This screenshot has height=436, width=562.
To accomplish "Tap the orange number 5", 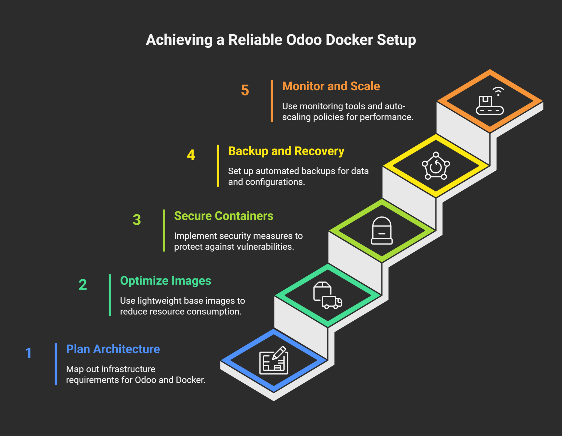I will click(x=245, y=90).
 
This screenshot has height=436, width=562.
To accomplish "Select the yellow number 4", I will click(x=191, y=155).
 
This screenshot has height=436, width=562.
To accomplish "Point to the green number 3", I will click(x=137, y=220).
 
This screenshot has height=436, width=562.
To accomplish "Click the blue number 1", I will click(x=28, y=353).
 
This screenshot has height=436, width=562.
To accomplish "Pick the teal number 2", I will click(x=83, y=285).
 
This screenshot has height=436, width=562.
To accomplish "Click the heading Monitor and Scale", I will click(x=331, y=86).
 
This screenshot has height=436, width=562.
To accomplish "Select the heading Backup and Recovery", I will click(x=286, y=151).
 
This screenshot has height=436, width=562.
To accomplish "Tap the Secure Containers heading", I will click(x=224, y=216).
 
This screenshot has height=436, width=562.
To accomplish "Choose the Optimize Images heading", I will click(x=165, y=281).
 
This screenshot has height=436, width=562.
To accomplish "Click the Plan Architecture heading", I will click(x=113, y=349).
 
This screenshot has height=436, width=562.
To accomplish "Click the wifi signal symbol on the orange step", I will click(x=498, y=91).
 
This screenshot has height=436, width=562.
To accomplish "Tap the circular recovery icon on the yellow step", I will click(x=436, y=166).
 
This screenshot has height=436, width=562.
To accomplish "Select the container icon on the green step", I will click(x=382, y=230).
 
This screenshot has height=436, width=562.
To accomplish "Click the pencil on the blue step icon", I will click(x=279, y=353).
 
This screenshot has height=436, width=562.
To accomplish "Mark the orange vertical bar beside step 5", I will click(x=272, y=101).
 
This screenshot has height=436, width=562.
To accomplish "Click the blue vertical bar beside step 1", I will click(x=56, y=364).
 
